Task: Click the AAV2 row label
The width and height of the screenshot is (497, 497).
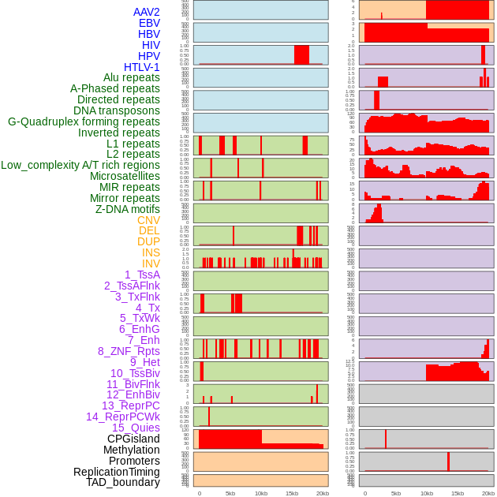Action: (x=146, y=12)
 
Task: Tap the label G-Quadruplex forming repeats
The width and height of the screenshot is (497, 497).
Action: (x=84, y=121)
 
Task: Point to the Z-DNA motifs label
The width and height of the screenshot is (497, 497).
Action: (x=128, y=209)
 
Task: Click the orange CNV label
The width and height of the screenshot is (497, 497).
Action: (x=148, y=220)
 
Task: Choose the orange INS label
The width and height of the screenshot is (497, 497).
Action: (x=151, y=252)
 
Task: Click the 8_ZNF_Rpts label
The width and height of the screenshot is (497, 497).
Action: (x=129, y=351)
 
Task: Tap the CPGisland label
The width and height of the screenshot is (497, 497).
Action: (x=133, y=439)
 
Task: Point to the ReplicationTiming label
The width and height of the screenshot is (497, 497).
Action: (x=117, y=472)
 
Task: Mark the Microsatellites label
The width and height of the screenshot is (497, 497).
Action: (x=125, y=176)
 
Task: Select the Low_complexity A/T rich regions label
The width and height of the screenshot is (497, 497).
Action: (x=80, y=165)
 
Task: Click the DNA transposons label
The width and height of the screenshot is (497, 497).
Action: (x=117, y=110)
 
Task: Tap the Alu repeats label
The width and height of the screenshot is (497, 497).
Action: (x=131, y=77)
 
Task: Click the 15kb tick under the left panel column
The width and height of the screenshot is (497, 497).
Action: (x=292, y=493)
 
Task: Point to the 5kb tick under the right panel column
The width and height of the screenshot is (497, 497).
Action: (x=396, y=493)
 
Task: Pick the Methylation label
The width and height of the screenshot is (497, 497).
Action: (x=131, y=450)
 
